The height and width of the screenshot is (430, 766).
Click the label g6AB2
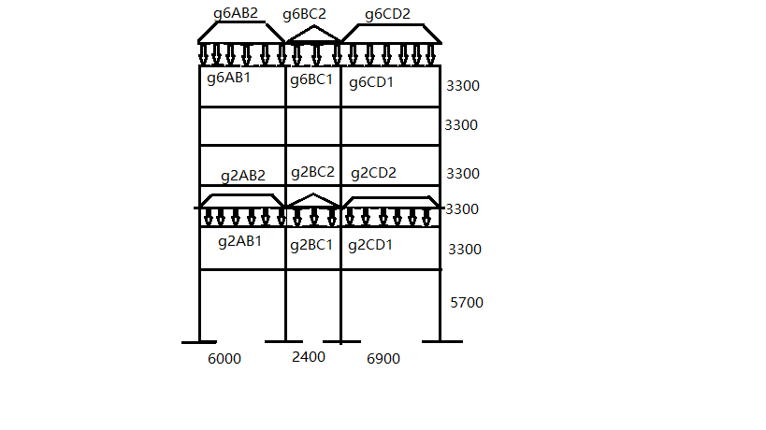235,14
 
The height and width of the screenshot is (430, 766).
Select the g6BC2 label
305,14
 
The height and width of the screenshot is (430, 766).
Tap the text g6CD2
387,14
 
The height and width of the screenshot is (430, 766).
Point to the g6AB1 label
228,79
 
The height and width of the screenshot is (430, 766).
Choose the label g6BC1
311,79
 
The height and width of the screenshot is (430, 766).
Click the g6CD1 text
371,82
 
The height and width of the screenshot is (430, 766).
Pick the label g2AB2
243,176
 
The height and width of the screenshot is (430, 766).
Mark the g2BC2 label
312,172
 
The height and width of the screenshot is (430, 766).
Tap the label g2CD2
373,173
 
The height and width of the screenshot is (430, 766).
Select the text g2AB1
239,241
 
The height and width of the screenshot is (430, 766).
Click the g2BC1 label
311,246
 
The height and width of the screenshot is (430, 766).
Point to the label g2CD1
370,246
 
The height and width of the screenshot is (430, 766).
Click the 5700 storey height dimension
467,303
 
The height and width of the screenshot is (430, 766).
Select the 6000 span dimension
224,359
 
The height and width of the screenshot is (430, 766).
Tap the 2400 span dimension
309,357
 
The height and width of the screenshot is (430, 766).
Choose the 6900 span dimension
382,359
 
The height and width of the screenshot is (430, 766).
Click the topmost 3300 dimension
463,86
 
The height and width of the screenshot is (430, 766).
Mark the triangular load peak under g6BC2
314,27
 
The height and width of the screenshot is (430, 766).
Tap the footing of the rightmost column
440,342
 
